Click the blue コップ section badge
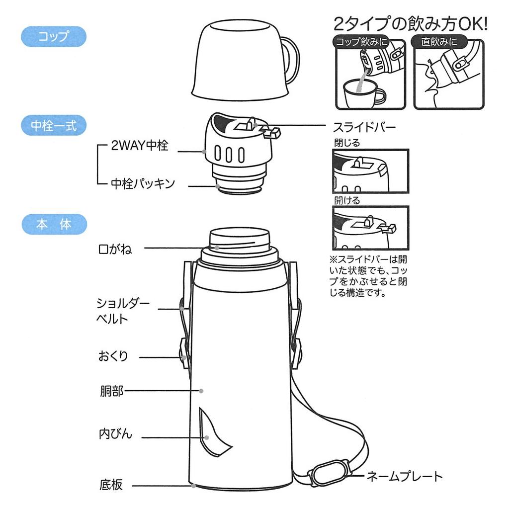click(x=53, y=37)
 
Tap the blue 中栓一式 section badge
click(x=53, y=125)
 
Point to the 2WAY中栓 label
click(x=140, y=146)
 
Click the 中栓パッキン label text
click(x=143, y=184)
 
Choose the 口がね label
click(x=115, y=249)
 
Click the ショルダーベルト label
click(x=122, y=311)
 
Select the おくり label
click(x=113, y=356)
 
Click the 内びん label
click(x=115, y=433)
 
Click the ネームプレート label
click(x=404, y=477)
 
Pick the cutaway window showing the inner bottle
click(x=213, y=435)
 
